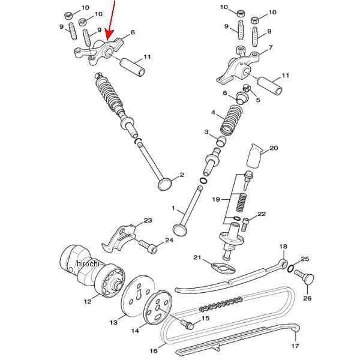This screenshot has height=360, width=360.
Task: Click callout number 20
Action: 274,148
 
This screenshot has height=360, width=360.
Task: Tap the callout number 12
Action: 88,300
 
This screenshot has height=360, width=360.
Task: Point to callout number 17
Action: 295,346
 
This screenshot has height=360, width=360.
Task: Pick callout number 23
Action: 148,221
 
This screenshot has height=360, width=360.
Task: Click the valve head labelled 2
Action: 164,182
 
